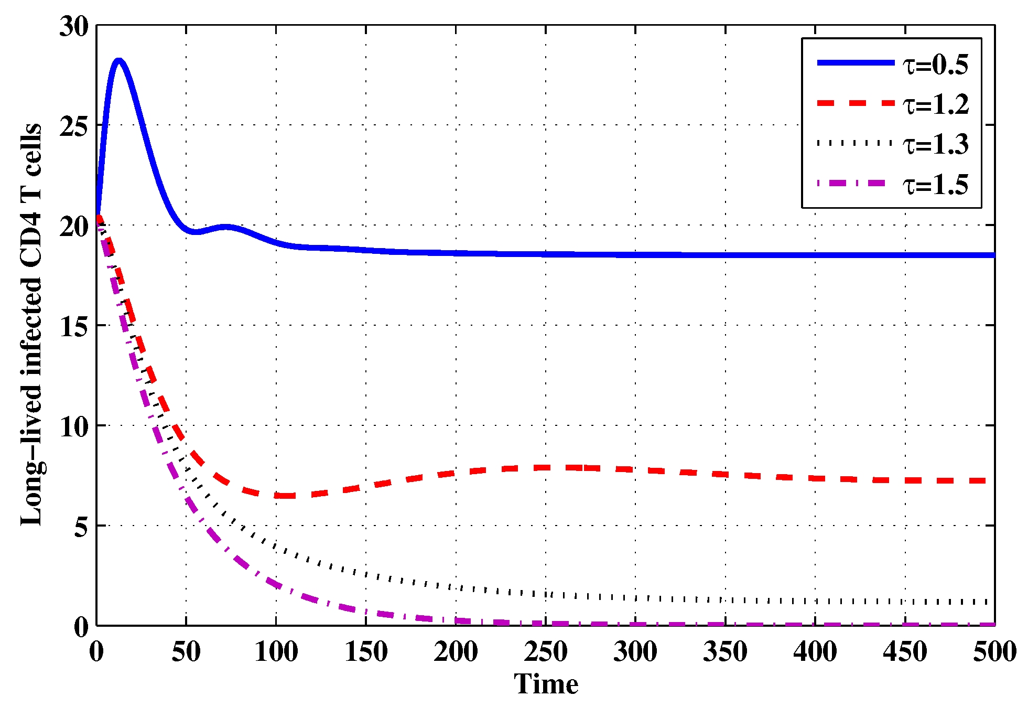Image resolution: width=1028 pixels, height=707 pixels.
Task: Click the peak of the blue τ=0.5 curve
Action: [x=119, y=61]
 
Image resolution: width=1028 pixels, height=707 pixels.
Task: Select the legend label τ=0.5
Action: [x=935, y=65]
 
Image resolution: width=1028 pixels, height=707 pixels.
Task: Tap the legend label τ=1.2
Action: [x=935, y=104]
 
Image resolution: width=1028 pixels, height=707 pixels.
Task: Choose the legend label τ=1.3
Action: [x=935, y=144]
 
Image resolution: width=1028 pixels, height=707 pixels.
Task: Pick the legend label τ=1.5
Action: [x=935, y=185]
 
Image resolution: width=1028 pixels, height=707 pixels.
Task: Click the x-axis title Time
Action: [x=546, y=684]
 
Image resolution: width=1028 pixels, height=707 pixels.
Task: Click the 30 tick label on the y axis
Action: [x=74, y=26]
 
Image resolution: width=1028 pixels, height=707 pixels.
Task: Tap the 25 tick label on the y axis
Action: [x=74, y=126]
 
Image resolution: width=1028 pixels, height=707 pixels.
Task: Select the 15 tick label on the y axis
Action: [x=74, y=326]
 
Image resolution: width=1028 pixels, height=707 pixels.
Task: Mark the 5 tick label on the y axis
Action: [x=81, y=527]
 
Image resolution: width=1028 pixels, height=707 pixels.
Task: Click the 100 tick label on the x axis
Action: [x=276, y=652]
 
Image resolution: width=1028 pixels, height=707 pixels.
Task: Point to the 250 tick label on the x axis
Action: [x=546, y=652]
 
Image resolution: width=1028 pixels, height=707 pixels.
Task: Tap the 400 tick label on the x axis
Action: [x=815, y=652]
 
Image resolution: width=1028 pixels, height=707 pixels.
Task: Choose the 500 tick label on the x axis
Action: [x=994, y=652]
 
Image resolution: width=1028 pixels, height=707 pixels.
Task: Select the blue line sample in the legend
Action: [x=855, y=62]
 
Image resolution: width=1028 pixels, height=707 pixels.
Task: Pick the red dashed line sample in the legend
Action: [x=855, y=103]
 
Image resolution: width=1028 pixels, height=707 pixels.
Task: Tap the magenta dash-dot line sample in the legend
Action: [x=855, y=184]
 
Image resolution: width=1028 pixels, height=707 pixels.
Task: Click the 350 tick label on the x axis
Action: [x=725, y=652]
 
